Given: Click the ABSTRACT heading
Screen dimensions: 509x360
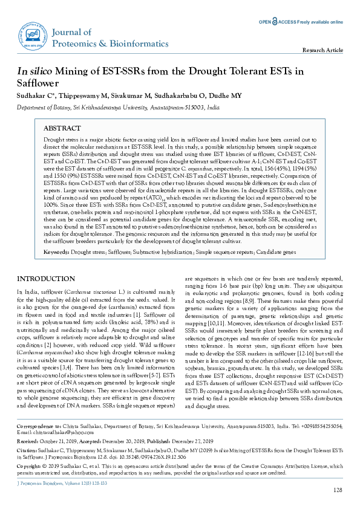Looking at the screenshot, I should coord(64,128).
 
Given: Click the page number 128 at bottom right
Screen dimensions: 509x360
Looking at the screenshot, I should coord(338,488).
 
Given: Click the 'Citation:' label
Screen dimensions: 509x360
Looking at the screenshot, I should coord(27,450).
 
